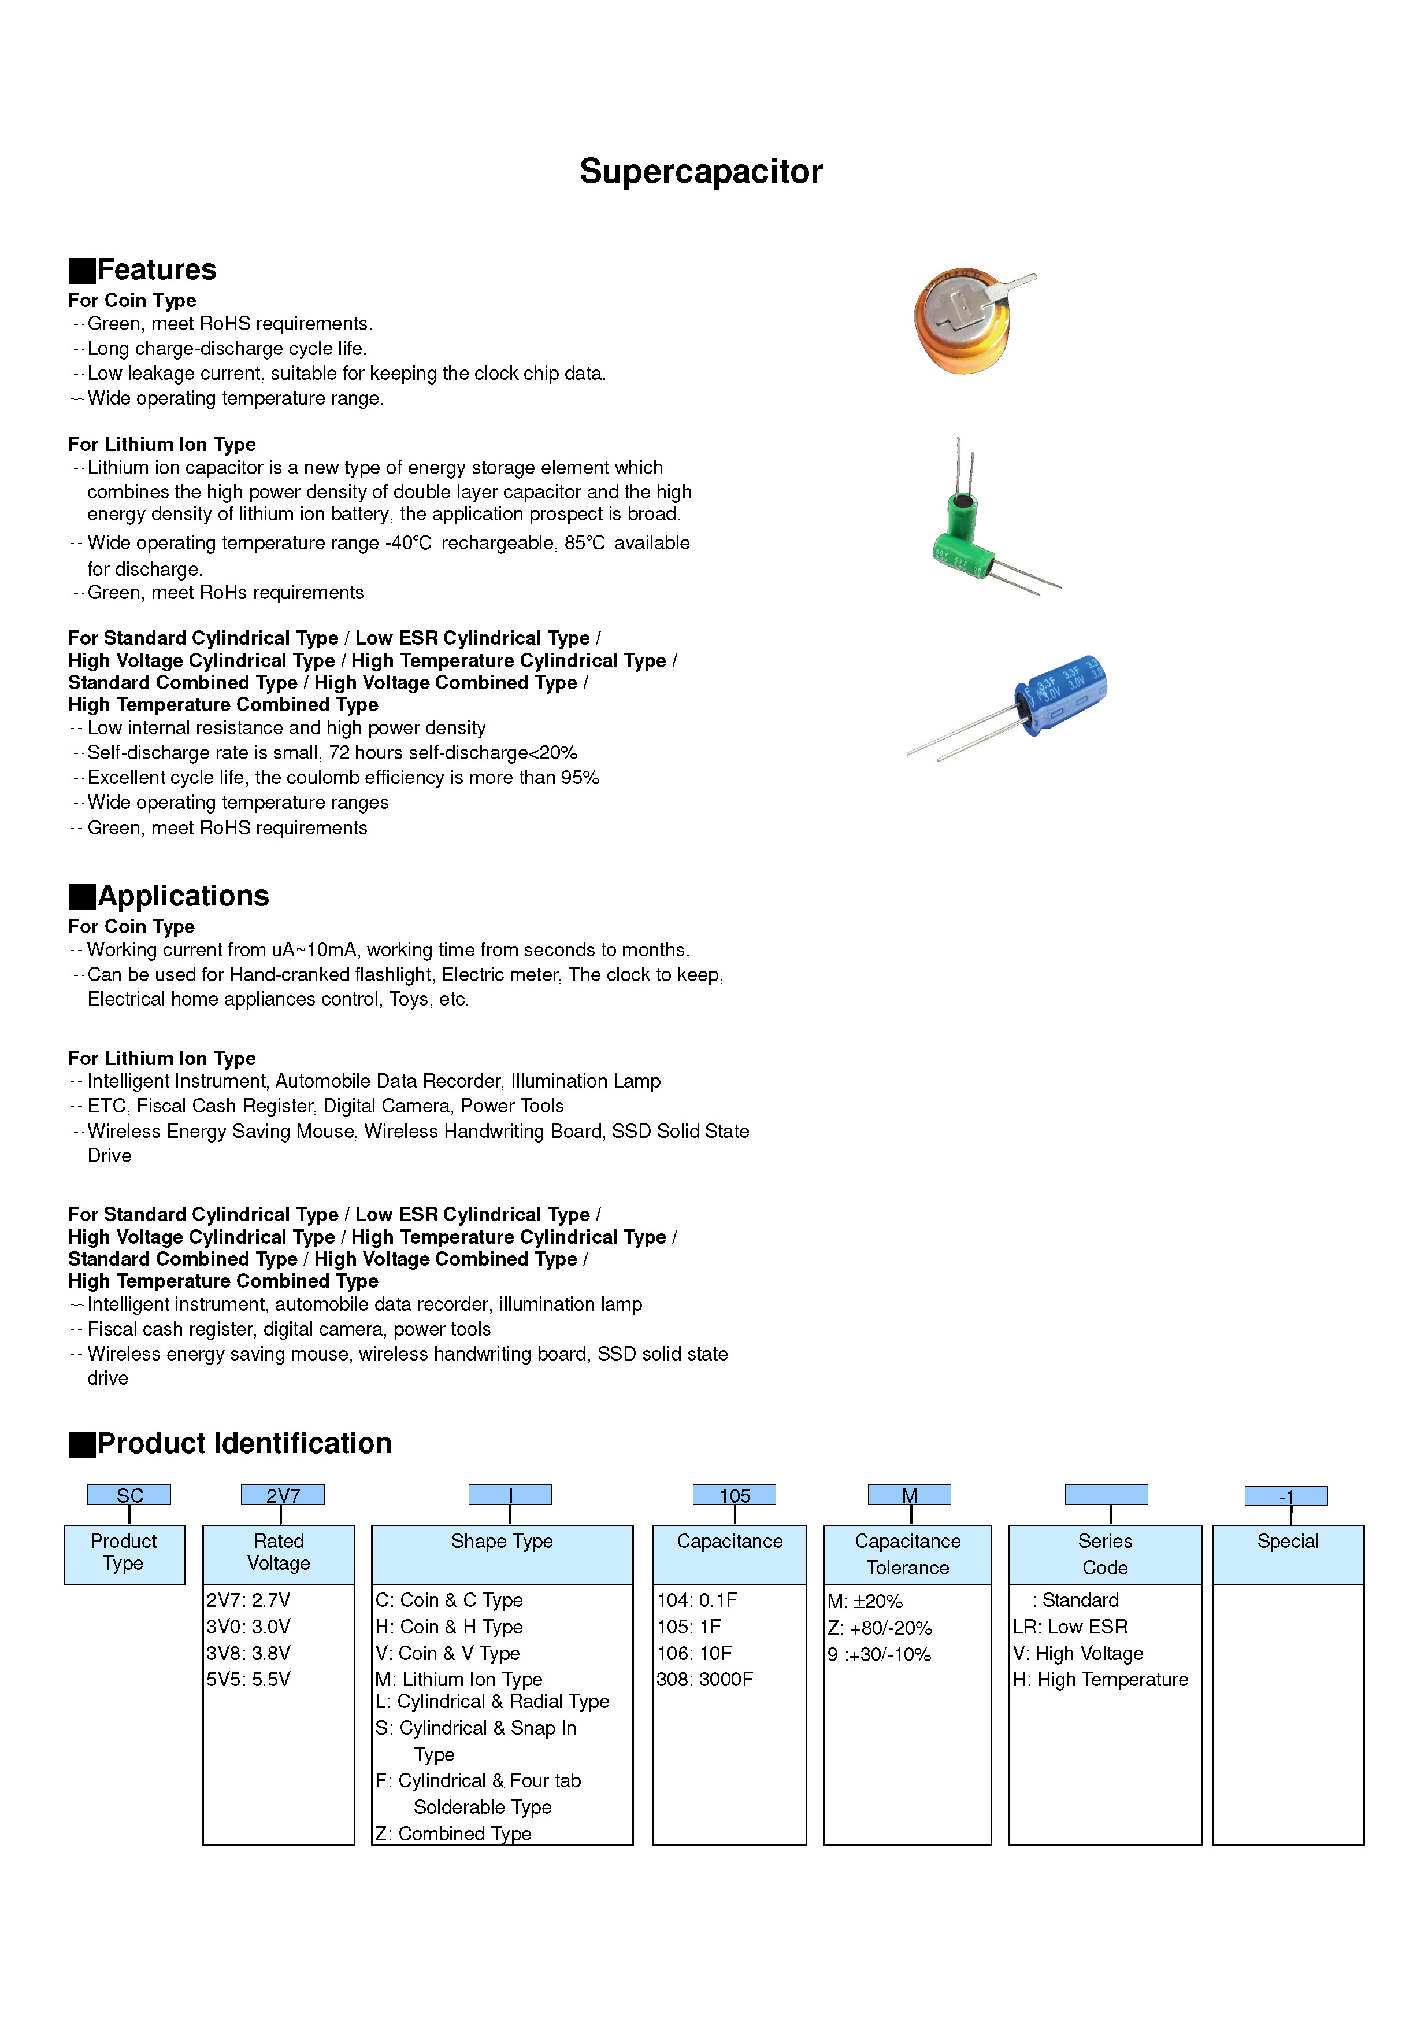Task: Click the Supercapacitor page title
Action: click(701, 172)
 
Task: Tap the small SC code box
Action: click(129, 1495)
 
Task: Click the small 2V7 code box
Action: click(283, 1495)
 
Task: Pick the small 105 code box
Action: click(735, 1495)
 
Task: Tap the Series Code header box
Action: click(1105, 1554)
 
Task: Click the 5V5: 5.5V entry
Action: click(248, 1680)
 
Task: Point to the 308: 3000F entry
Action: click(704, 1680)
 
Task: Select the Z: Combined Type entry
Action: click(454, 1834)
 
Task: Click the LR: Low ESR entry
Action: click(1070, 1627)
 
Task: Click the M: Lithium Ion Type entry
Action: click(459, 1680)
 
